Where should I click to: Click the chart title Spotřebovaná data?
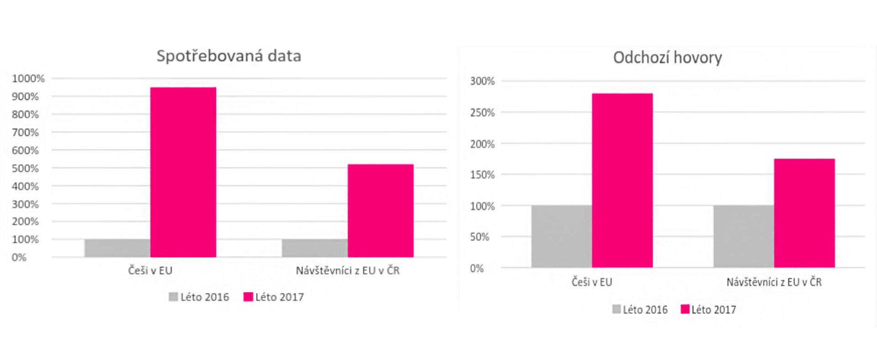[x=229, y=56]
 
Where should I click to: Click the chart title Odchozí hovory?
[x=667, y=58]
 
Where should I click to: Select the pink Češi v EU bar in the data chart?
[x=183, y=172]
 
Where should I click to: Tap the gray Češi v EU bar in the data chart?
[x=117, y=248]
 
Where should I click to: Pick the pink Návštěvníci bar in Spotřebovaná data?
[x=380, y=211]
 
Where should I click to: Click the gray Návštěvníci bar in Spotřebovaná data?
[x=314, y=248]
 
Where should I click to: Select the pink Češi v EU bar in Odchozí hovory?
[x=622, y=180]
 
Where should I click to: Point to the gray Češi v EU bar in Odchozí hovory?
[x=561, y=236]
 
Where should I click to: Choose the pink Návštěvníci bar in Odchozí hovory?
[x=804, y=213]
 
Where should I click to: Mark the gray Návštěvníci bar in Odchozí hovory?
[x=743, y=236]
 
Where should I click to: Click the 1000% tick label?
[x=28, y=79]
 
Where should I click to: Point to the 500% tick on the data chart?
[x=25, y=168]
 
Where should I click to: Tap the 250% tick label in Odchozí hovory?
[x=482, y=112]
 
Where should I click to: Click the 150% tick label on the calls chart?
[x=482, y=175]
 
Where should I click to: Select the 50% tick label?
[x=480, y=237]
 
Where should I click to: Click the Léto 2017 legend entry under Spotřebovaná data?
[x=274, y=297]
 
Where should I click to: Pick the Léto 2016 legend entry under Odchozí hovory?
[x=640, y=310]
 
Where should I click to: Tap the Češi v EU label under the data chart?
[x=150, y=270]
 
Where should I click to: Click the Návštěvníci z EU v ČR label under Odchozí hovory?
[x=774, y=282]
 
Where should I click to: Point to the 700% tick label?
[x=25, y=132]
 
